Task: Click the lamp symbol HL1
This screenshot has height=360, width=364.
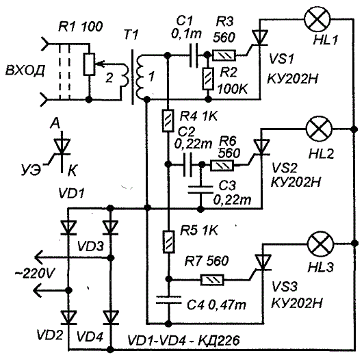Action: [x=317, y=19]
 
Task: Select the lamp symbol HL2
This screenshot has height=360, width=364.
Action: [x=319, y=129]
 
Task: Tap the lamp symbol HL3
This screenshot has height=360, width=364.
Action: [x=320, y=244]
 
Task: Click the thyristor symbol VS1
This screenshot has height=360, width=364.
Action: [x=259, y=38]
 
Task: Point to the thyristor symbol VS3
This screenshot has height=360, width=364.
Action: [x=263, y=263]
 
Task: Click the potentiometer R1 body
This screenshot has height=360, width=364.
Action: [x=89, y=64]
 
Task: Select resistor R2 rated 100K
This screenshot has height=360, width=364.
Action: [x=208, y=79]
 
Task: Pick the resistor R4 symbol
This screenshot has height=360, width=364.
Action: [x=168, y=120]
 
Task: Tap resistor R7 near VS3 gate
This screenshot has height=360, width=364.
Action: [x=212, y=280]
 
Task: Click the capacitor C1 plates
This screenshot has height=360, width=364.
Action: [x=194, y=55]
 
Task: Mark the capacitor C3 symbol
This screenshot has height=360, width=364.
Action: [x=200, y=190]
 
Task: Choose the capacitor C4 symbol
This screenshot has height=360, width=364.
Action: [x=169, y=300]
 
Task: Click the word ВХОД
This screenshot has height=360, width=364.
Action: [x=25, y=70]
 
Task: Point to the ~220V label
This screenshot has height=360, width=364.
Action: [x=34, y=273]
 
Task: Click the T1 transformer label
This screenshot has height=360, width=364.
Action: [x=131, y=35]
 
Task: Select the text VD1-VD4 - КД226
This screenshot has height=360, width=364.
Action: [x=183, y=341]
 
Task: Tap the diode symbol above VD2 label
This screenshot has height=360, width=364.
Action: [x=68, y=318]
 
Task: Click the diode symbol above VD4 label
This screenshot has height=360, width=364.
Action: [x=111, y=318]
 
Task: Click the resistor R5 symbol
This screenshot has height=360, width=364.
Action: [x=168, y=242]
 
